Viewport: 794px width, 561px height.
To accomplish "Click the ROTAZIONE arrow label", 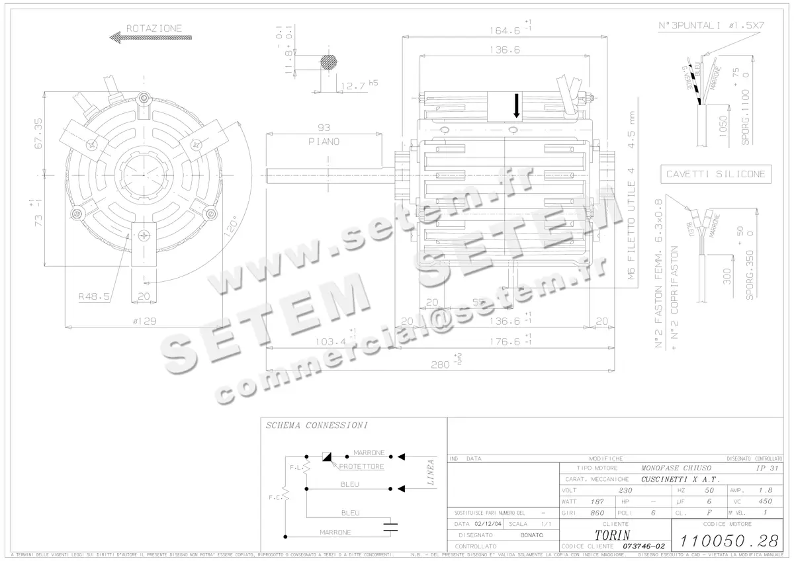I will pos(154,29).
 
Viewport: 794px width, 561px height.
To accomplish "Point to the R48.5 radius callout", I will pos(93,296).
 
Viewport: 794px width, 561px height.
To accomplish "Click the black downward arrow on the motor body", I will pos(517,107).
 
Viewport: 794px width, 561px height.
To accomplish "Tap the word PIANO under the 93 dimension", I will pos(324,142).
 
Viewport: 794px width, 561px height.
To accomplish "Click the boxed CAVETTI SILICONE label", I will pos(716,174).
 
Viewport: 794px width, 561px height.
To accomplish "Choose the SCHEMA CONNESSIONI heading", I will pos(316,425).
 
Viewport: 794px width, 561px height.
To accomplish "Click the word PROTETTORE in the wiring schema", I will pos(361,467).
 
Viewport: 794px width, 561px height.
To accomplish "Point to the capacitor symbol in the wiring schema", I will pos(392,527).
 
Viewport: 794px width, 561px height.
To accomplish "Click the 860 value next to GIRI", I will pos(597,513).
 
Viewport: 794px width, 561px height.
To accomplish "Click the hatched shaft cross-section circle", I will pos(329,62).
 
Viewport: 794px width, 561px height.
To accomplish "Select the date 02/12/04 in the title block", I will pos(488,523).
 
